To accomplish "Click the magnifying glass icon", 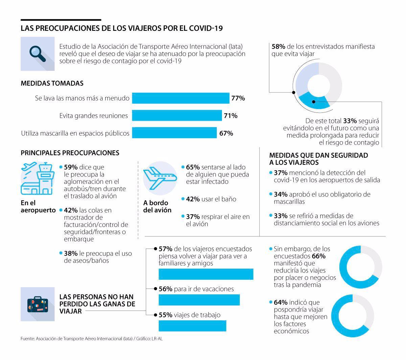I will tap(37, 54).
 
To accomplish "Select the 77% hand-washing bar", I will tap(180, 98).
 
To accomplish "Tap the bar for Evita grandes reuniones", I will tap(177, 115).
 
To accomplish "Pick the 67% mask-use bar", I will tap(174, 133).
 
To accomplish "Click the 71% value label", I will tap(230, 116).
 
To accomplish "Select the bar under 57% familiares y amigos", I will tap(206, 274).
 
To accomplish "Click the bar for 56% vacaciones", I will tap(199, 300).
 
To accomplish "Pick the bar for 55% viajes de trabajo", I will tap(192, 326).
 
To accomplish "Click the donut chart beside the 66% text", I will tap(360, 267).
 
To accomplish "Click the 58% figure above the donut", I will tap(278, 46).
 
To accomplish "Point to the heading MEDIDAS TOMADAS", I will tap(52, 83).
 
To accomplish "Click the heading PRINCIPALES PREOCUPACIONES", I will tap(70, 153).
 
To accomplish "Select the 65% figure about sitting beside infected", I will tap(193, 167).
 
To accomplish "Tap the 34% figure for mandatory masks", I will tap(280, 194).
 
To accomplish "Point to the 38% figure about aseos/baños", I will tap(71, 253).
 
